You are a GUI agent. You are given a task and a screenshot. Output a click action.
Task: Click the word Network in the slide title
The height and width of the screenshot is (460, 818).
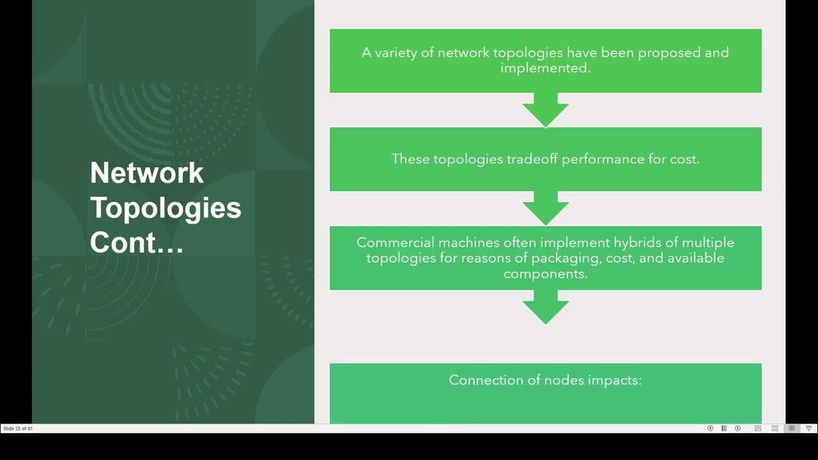click(x=146, y=172)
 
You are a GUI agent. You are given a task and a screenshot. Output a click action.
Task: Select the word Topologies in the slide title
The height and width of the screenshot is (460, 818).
click(x=166, y=208)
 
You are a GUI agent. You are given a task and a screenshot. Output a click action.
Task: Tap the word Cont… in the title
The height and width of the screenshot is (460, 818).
click(x=137, y=242)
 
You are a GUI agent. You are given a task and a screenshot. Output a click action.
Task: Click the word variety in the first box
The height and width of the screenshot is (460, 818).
click(x=396, y=52)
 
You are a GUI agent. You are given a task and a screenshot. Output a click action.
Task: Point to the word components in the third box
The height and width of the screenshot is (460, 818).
click(x=544, y=273)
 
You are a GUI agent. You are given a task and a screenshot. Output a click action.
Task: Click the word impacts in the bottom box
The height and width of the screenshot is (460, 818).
click(x=615, y=380)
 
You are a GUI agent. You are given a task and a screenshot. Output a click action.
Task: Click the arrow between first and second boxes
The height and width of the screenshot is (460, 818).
click(x=545, y=110)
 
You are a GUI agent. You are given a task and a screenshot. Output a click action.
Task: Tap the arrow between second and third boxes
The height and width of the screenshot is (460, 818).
click(x=545, y=208)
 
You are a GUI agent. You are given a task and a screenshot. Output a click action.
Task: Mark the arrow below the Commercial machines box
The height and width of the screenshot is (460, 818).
click(x=545, y=307)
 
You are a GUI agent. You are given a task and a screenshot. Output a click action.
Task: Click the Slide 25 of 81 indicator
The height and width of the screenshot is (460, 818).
click(x=18, y=429)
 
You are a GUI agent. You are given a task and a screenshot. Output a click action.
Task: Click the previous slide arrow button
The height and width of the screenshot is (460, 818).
click(x=710, y=429)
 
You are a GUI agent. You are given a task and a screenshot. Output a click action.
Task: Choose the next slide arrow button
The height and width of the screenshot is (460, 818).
click(x=737, y=429)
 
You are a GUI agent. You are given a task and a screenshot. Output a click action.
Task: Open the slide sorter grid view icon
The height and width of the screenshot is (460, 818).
click(x=775, y=429)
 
